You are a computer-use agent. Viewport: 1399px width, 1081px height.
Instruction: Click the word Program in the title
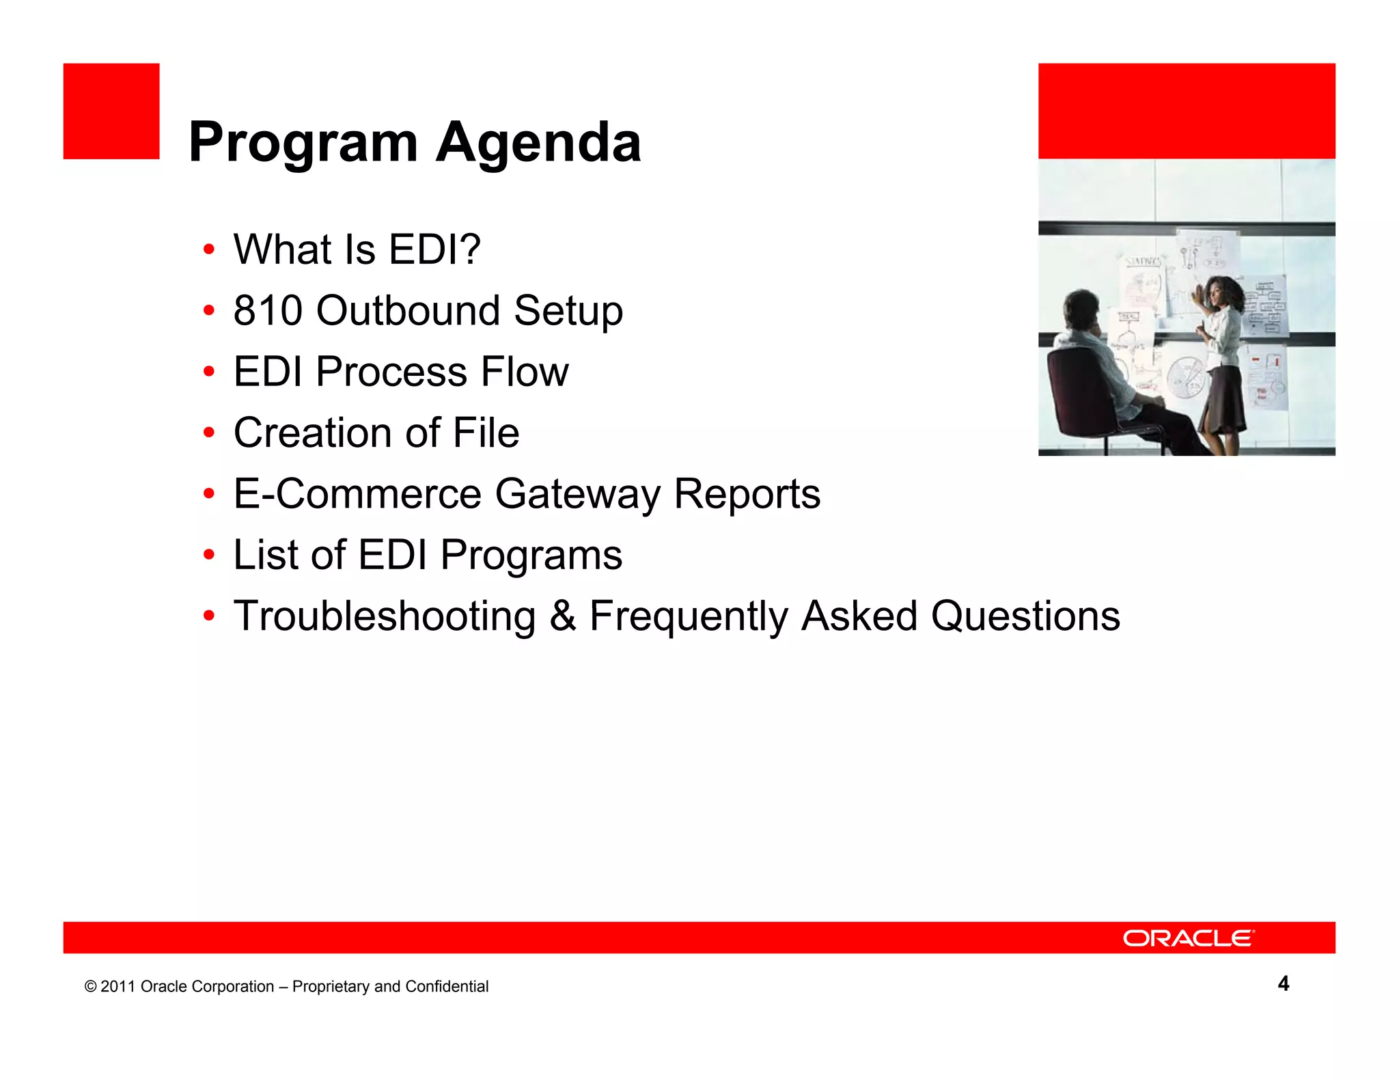click(303, 142)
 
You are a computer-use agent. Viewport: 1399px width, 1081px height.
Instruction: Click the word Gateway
click(578, 495)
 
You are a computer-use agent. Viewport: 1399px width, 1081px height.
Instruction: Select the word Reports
click(747, 495)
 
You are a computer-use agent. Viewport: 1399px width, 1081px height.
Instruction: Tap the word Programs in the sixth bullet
click(531, 555)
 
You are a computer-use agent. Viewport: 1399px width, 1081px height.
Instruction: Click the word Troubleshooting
click(385, 616)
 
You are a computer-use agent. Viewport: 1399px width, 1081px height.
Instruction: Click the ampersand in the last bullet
click(563, 616)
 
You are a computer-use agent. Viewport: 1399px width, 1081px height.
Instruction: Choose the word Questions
click(1025, 616)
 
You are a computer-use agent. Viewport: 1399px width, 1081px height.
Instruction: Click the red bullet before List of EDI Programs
click(209, 555)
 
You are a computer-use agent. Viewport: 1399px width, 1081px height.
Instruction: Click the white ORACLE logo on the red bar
click(1188, 938)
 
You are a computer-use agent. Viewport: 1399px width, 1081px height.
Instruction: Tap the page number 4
click(1283, 983)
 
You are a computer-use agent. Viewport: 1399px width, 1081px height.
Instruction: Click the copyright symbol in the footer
click(90, 987)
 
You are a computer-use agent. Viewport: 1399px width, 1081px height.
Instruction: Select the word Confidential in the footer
click(447, 987)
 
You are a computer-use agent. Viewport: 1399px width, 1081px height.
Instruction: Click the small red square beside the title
click(111, 111)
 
